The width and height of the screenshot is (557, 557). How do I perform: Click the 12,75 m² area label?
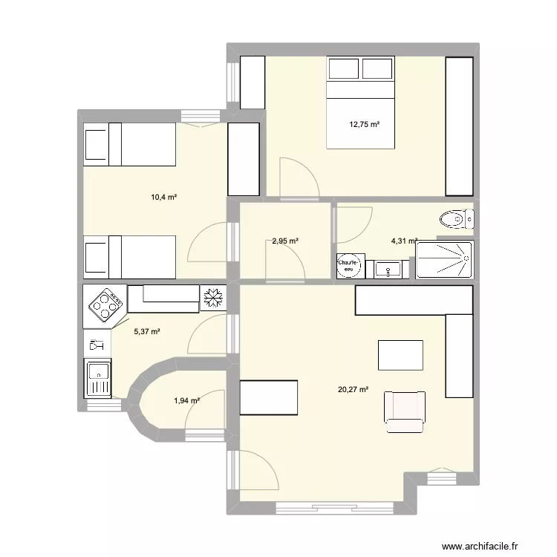click(365, 125)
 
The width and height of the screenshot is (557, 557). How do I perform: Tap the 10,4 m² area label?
click(163, 197)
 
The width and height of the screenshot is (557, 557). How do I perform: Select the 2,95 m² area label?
click(284, 241)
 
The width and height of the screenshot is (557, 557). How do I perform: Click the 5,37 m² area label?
click(147, 332)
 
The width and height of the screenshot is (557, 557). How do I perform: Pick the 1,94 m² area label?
click(186, 401)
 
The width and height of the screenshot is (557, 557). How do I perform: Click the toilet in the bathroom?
click(455, 219)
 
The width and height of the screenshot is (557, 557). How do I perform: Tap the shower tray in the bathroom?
click(444, 259)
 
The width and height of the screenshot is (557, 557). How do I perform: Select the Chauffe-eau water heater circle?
click(349, 265)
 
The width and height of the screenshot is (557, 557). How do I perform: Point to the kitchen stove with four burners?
click(105, 303)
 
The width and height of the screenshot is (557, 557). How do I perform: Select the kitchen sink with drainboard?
click(97, 378)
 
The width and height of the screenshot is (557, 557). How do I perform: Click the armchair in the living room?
click(405, 411)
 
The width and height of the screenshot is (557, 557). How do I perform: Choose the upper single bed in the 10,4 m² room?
click(130, 144)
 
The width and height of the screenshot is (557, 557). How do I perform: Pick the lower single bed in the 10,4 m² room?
click(130, 256)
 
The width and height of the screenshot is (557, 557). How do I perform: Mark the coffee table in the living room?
click(401, 354)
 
